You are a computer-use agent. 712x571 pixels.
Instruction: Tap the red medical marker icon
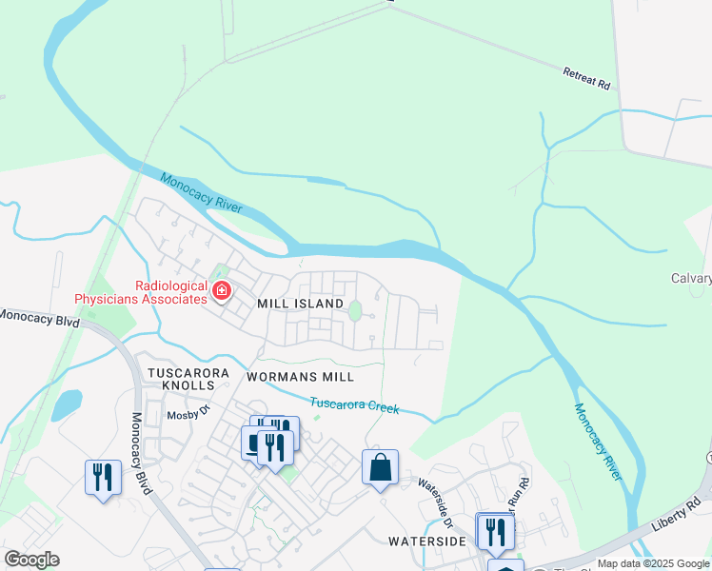pos(222,289)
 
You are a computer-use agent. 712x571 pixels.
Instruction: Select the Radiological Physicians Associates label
pos(142,292)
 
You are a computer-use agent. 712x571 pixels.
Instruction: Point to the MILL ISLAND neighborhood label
pos(300,304)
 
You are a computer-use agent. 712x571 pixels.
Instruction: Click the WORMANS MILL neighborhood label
pos(293,377)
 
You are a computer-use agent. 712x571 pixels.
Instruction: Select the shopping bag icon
pos(380,468)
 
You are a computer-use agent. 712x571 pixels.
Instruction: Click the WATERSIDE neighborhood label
pos(427,541)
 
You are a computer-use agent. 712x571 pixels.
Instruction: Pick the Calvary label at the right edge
pos(690,279)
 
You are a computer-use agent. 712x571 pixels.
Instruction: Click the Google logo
pos(31,560)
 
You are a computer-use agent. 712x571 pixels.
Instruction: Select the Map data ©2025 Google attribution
pos(653,563)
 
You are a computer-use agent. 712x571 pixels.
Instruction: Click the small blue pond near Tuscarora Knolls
pos(66,405)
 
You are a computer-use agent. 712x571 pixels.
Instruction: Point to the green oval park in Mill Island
pos(355,310)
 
